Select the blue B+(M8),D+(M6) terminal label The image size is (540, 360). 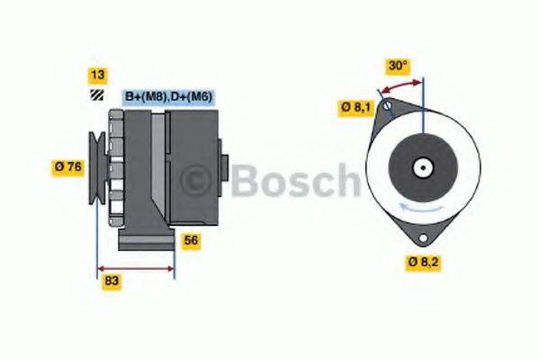(x=167, y=96)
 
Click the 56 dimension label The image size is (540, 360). (x=190, y=240)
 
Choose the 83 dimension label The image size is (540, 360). (x=112, y=282)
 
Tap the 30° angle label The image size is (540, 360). (x=398, y=66)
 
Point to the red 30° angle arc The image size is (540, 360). (x=401, y=85)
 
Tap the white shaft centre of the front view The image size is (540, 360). (x=420, y=167)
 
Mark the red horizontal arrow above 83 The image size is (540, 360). (x=134, y=267)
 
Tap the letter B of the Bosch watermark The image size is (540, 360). (x=246, y=181)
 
